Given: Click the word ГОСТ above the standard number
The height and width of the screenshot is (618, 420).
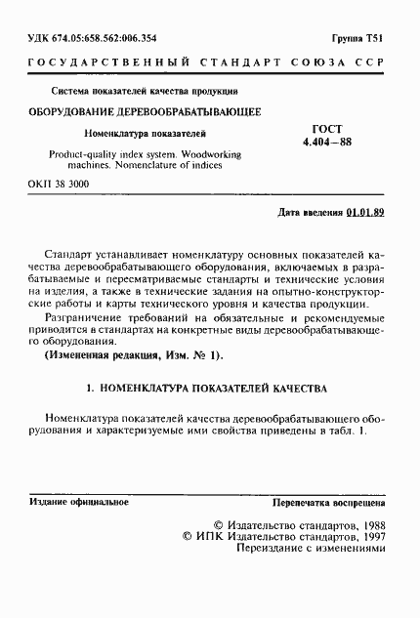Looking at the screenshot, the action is tap(320, 127).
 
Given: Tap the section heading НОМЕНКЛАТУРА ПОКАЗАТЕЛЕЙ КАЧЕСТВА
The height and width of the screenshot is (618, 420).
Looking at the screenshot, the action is tap(218, 389).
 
